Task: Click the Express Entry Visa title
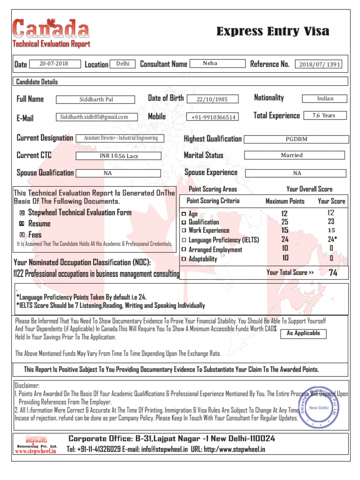[272, 32]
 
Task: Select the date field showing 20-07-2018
[53, 64]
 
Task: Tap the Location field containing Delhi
[123, 64]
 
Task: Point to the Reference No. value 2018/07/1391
[320, 65]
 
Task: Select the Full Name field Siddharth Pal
[96, 99]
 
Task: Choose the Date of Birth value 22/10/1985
[212, 99]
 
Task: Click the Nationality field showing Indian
[325, 98]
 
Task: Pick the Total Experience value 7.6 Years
[324, 115]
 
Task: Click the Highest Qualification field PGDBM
[297, 139]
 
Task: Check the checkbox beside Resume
[22, 224]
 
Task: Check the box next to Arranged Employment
[184, 250]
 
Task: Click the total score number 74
[333, 273]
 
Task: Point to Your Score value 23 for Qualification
[331, 222]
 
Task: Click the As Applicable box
[303, 333]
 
